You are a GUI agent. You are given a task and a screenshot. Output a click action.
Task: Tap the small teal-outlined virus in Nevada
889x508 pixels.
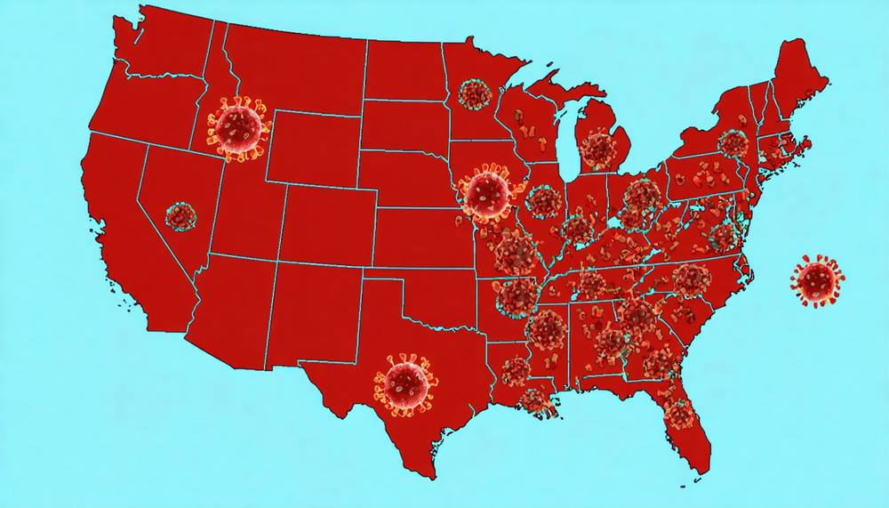click(180, 215)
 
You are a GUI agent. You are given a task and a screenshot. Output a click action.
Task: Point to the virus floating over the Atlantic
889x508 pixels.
click(817, 280)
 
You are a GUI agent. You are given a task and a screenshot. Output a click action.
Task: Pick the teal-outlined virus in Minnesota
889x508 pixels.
click(475, 93)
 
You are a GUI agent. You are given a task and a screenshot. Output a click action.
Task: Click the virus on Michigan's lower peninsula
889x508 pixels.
click(599, 149)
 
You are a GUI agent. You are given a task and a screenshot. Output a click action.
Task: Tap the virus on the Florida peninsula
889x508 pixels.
click(679, 413)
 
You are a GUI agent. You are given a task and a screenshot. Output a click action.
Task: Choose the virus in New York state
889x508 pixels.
click(733, 143)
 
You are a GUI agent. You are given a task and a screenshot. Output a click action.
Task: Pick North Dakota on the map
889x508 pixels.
click(404, 71)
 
